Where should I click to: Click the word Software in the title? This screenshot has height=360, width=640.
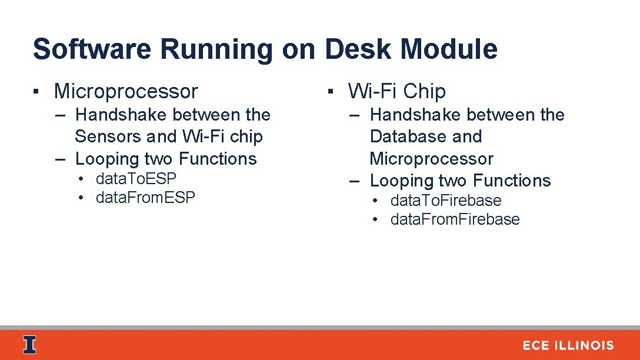[x=92, y=49]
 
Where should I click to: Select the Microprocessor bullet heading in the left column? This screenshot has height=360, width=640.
[x=126, y=91]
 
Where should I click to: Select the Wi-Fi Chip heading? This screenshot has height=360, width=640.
[x=396, y=91]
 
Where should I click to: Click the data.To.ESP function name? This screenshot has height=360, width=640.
[x=136, y=178]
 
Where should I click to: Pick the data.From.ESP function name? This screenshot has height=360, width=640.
[x=145, y=198]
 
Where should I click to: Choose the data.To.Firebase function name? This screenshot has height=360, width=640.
[x=445, y=201]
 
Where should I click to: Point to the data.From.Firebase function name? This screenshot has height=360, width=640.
[x=455, y=219]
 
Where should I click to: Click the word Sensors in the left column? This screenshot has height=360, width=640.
[x=108, y=136]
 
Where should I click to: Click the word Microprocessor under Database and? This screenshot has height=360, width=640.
[x=431, y=159]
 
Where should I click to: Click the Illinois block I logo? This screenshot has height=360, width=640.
[x=29, y=345]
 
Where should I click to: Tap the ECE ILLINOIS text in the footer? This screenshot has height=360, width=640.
[x=568, y=346]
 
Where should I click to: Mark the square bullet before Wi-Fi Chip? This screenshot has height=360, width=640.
[x=331, y=92]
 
